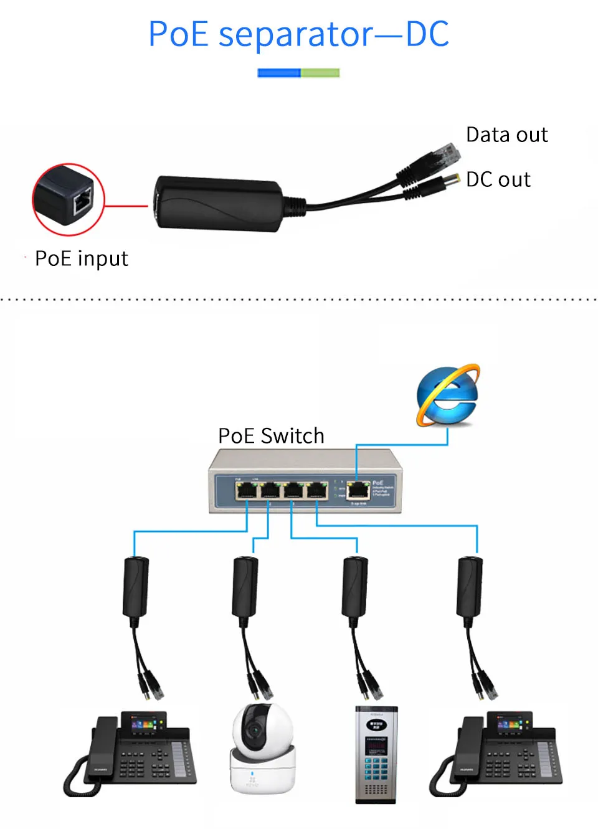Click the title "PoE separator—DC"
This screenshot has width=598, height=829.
coord(298,34)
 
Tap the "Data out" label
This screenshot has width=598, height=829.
coord(506,135)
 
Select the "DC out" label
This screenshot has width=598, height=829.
coord(498,179)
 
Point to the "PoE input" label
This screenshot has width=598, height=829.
coord(81,258)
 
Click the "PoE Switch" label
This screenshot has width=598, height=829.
coord(271,435)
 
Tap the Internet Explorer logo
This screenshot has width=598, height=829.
coord(448,396)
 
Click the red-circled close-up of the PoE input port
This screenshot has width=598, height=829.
coord(68,199)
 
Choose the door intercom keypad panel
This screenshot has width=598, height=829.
coord(376,754)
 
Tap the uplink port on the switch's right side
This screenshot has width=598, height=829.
coord(358,491)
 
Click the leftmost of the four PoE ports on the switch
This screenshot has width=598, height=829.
coord(247,491)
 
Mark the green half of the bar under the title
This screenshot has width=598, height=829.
coord(320,73)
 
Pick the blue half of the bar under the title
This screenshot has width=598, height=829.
coord(279,73)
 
